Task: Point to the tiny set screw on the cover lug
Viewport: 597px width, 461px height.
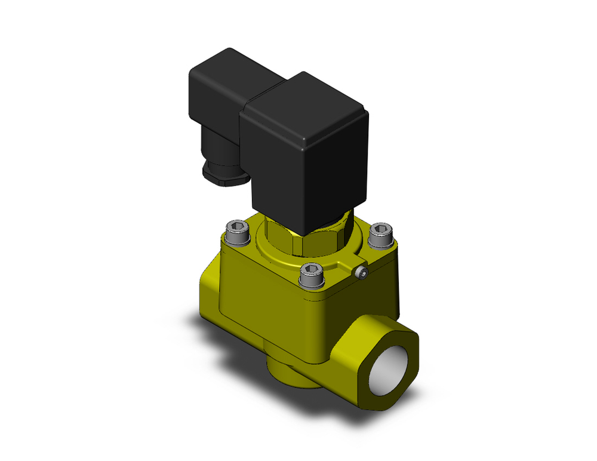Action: (x=361, y=273)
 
